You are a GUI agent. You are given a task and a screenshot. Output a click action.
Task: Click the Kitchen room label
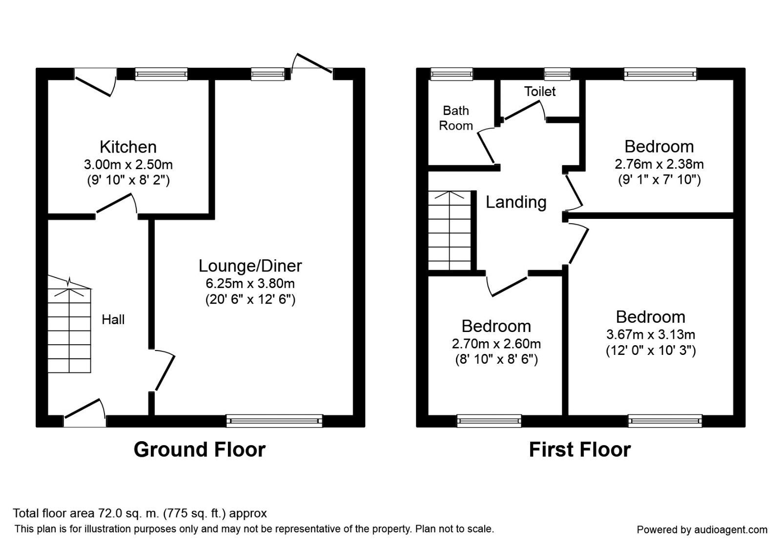tap(128, 147)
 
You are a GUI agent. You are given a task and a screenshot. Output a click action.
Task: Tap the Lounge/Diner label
tap(250, 266)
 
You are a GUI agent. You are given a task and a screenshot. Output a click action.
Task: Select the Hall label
tap(113, 320)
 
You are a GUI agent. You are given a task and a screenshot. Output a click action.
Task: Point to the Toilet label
tap(540, 91)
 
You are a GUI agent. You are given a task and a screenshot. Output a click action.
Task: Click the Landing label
tap(515, 202)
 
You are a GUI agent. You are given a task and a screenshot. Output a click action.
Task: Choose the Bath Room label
tap(456, 118)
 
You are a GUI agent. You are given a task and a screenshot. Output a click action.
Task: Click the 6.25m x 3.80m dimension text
tap(250, 283)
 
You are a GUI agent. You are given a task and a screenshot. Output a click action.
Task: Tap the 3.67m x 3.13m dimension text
tap(651, 334)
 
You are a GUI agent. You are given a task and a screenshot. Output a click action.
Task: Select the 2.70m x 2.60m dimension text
tap(496, 344)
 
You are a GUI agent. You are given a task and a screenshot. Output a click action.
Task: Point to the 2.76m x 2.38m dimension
tap(659, 164)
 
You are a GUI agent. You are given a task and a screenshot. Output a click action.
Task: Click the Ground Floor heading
tap(200, 449)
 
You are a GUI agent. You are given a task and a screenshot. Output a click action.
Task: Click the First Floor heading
tap(580, 449)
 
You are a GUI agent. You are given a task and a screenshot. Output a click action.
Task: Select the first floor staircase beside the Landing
tap(450, 230)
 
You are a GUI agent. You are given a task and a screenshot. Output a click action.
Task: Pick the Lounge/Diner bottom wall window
tap(274, 421)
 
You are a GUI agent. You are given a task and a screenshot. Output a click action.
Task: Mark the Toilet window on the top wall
tap(557, 74)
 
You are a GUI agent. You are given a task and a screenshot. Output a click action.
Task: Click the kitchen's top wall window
tap(161, 74)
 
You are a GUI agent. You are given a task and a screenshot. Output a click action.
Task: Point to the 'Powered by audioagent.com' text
tap(702, 529)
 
